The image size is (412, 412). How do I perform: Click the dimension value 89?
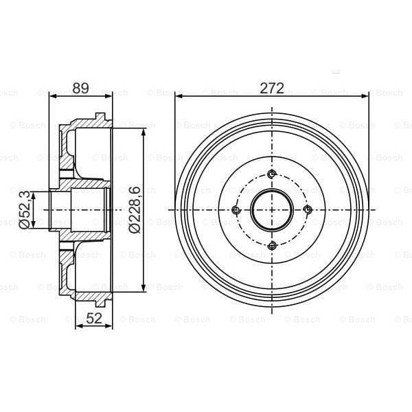coord(80,88)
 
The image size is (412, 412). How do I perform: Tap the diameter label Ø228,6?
coord(135,209)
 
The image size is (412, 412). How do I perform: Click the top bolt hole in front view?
coord(272,174)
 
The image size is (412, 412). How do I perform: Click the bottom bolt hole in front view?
coord(272,245)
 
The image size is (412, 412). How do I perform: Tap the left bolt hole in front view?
coord(236,209)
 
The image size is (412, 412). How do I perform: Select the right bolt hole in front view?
coord(308,209)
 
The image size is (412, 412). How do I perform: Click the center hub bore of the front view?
coord(272,209)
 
